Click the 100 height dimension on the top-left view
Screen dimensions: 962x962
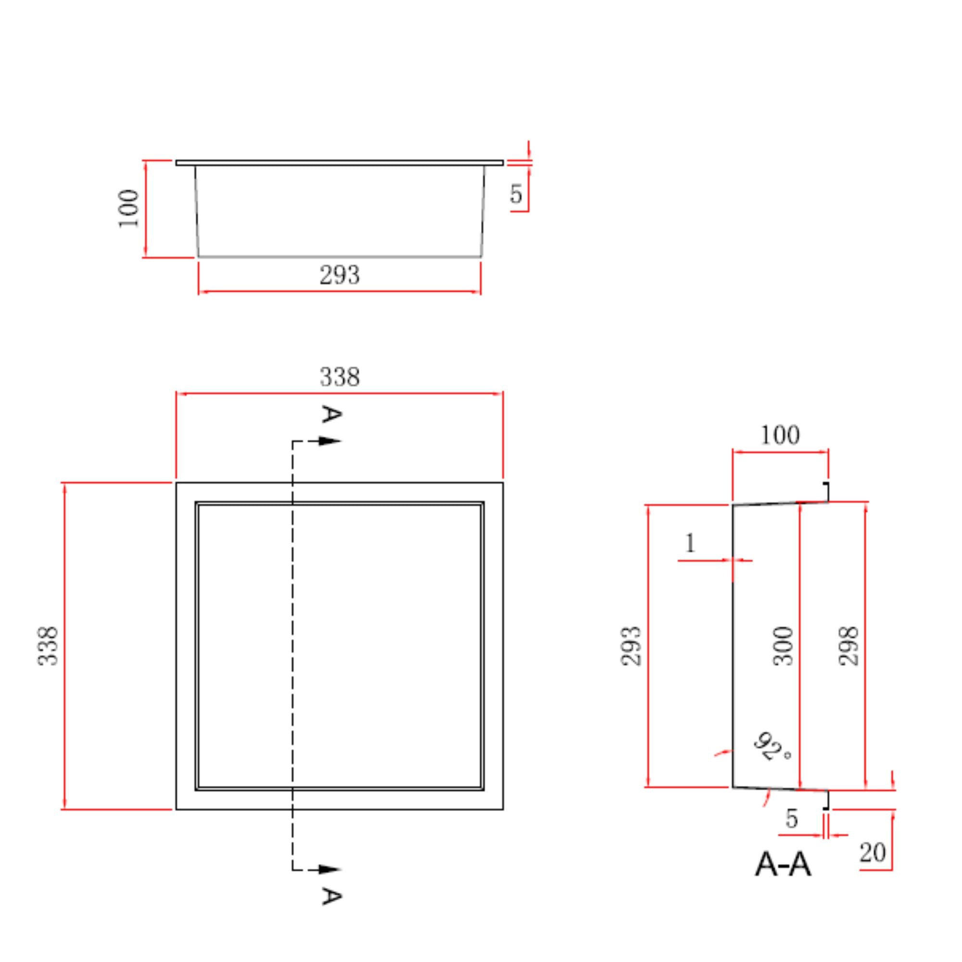[128, 209]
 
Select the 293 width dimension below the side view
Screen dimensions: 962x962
[339, 275]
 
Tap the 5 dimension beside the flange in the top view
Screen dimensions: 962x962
[516, 194]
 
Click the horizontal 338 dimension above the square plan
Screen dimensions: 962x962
[339, 377]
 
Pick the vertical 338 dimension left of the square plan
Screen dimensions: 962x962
[48, 646]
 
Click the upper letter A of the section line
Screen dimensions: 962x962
[331, 414]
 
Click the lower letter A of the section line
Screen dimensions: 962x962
[331, 896]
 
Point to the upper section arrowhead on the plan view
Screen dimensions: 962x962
[329, 441]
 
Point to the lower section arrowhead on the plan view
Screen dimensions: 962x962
[329, 870]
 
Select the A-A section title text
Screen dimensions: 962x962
[783, 865]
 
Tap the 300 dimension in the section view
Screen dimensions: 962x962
[783, 646]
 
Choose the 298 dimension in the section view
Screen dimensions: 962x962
[848, 646]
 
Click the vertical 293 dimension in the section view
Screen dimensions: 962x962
[631, 646]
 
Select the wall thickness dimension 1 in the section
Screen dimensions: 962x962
[690, 543]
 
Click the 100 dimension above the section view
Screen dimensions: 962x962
[780, 435]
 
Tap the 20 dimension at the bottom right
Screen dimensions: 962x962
[873, 852]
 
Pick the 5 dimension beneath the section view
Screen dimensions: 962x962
[792, 818]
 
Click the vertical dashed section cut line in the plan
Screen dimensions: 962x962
[292, 647]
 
